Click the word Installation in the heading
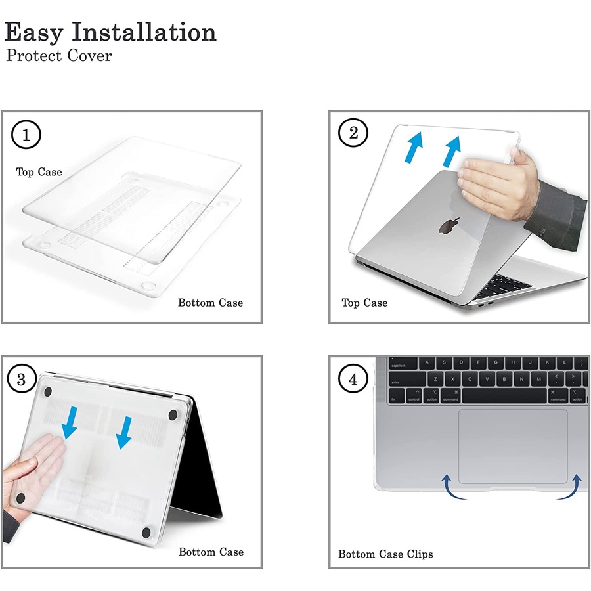click(x=144, y=32)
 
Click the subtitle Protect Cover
click(x=59, y=56)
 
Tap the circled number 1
click(x=26, y=135)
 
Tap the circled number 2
click(x=353, y=133)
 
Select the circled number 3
click(x=22, y=379)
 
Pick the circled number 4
click(x=353, y=379)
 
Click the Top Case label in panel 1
click(x=39, y=172)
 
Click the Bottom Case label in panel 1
click(x=210, y=303)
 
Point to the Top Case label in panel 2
click(x=364, y=303)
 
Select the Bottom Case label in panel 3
click(x=211, y=552)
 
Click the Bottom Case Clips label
click(x=385, y=554)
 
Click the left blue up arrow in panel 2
click(x=414, y=147)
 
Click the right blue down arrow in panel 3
click(x=125, y=433)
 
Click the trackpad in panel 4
click(x=513, y=447)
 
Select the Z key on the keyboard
click(x=435, y=379)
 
